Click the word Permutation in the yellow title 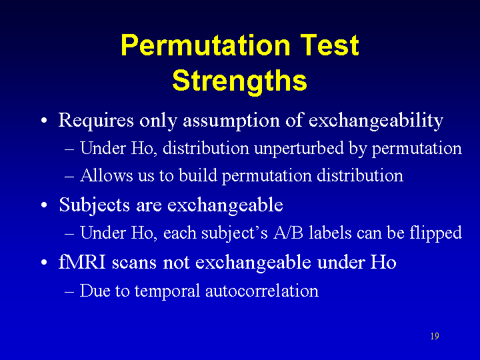coord(206,45)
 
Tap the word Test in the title coord(329,45)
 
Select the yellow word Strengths coord(240,81)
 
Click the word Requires coord(96,120)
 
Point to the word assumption coord(231,120)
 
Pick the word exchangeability coord(375,120)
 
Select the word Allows coord(107,175)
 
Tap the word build coord(198,175)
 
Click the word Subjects coord(94,205)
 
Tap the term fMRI coord(83,262)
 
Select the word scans coord(134,263)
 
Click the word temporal coord(167,291)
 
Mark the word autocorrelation coord(262,291)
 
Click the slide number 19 coord(435,336)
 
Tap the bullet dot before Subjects coord(45,205)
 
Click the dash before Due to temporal coord(69,292)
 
